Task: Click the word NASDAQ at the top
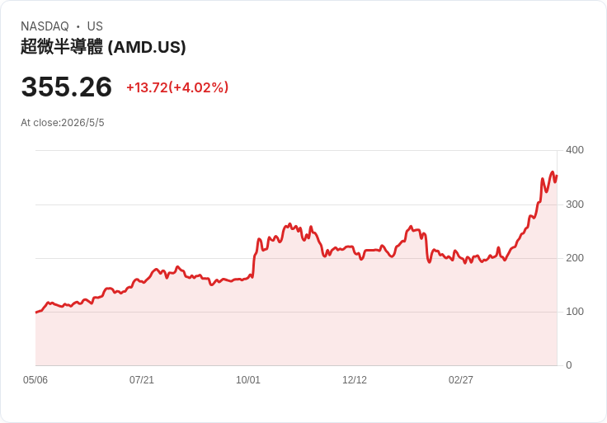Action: point(45,26)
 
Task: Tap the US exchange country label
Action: point(95,26)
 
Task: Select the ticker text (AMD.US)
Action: point(147,47)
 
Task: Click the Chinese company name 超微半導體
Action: point(62,47)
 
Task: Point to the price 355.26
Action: point(67,87)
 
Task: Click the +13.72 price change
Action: point(147,87)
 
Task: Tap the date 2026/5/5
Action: point(82,123)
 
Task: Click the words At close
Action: point(40,123)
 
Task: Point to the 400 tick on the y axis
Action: point(575,150)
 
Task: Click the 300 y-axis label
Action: point(575,204)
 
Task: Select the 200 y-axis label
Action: point(575,258)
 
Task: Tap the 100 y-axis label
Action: point(575,312)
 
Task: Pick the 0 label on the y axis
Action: point(569,365)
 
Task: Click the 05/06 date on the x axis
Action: point(35,380)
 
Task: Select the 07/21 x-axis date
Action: point(142,380)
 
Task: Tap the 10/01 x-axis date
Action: point(248,380)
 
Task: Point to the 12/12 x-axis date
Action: point(355,380)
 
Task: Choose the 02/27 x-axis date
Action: point(461,380)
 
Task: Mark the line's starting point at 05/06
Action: point(36,313)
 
